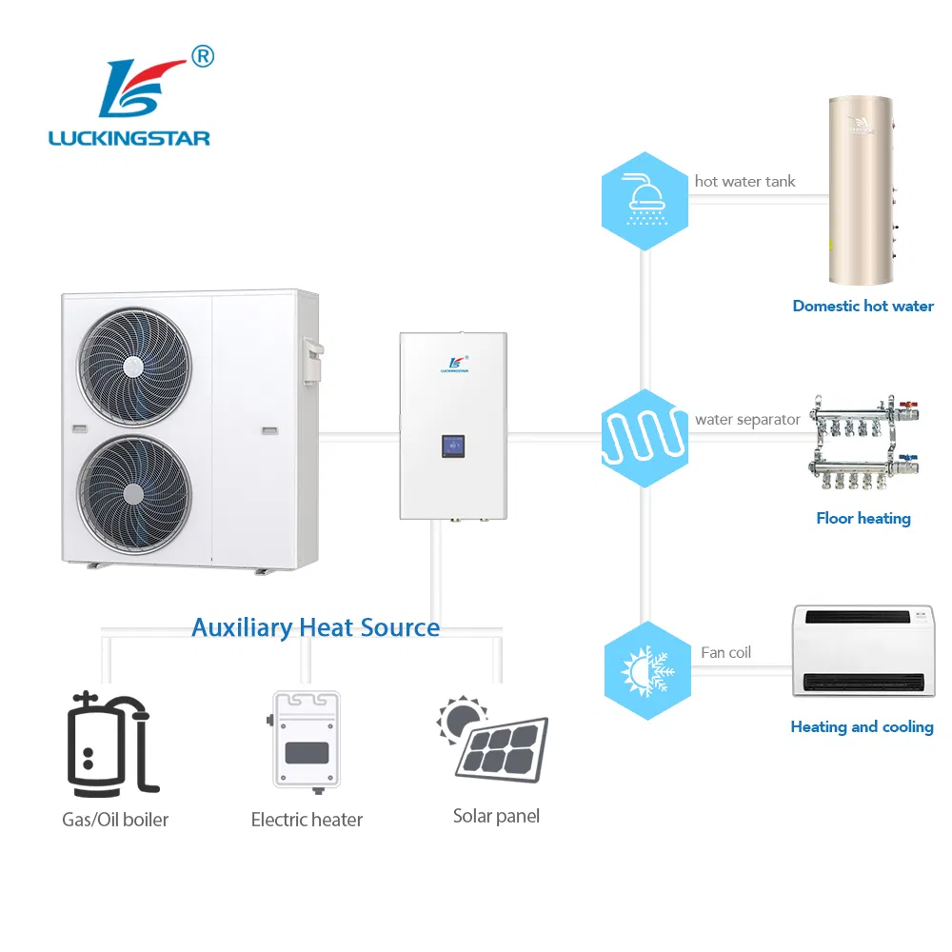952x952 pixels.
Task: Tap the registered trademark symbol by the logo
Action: pyautogui.click(x=203, y=57)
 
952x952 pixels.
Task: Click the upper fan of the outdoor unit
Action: pyautogui.click(x=134, y=366)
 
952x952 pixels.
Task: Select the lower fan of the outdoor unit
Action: pyautogui.click(x=134, y=493)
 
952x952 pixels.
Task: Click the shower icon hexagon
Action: pyautogui.click(x=645, y=201)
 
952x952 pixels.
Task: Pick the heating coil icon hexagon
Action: pyautogui.click(x=645, y=437)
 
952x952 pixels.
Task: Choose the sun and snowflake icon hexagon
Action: pyautogui.click(x=647, y=670)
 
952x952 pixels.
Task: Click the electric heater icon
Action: pyautogui.click(x=307, y=740)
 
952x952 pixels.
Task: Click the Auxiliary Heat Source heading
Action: pyautogui.click(x=315, y=627)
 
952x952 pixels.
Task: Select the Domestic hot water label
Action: pyautogui.click(x=863, y=307)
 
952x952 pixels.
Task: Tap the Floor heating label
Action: pyautogui.click(x=863, y=519)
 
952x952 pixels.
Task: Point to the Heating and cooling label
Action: pyautogui.click(x=862, y=727)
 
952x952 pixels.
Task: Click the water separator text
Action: pyautogui.click(x=747, y=420)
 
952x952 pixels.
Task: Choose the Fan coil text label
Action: pyautogui.click(x=725, y=652)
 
